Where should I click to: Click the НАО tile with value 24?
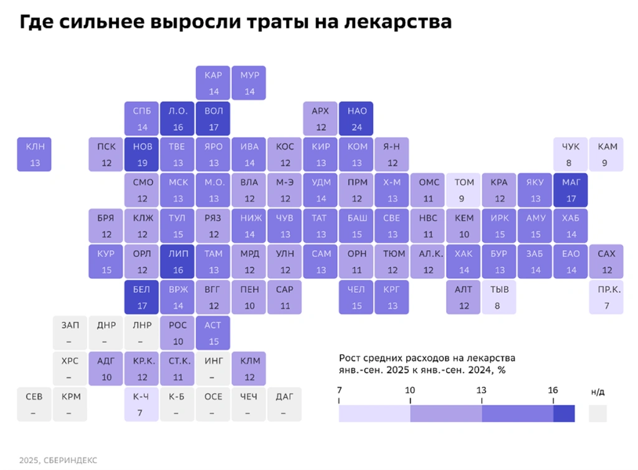pyautogui.click(x=357, y=119)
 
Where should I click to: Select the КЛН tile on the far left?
pyautogui.click(x=35, y=154)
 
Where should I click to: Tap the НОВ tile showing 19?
pyautogui.click(x=142, y=154)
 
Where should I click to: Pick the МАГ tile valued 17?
pyautogui.click(x=571, y=190)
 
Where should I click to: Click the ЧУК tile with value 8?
pyautogui.click(x=571, y=154)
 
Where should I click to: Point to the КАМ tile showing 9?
pyautogui.click(x=607, y=154)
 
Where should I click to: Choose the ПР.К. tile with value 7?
pyautogui.click(x=607, y=298)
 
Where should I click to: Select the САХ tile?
pyautogui.click(x=607, y=261)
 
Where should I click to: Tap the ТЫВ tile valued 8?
pyautogui.click(x=499, y=298)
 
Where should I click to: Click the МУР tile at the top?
pyautogui.click(x=249, y=83)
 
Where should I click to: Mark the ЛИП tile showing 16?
pyautogui.click(x=178, y=261)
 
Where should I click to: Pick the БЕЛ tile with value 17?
pyautogui.click(x=142, y=298)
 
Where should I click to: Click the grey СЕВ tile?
pyautogui.click(x=34, y=404)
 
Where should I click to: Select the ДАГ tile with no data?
pyautogui.click(x=285, y=404)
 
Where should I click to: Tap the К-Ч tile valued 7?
pyautogui.click(x=142, y=404)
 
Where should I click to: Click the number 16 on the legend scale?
pyautogui.click(x=553, y=390)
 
